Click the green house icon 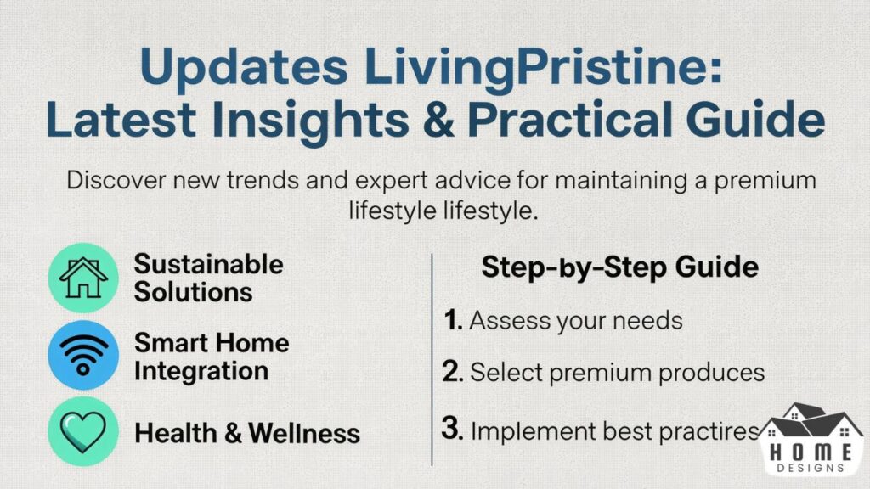(83, 278)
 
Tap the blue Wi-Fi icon (83, 356)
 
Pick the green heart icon (83, 432)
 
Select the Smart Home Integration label (212, 357)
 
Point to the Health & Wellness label (247, 434)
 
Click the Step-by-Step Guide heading (619, 267)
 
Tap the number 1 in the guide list (452, 321)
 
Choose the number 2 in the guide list (453, 373)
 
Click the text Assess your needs (576, 322)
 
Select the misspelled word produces (714, 373)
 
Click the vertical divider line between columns (432, 357)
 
